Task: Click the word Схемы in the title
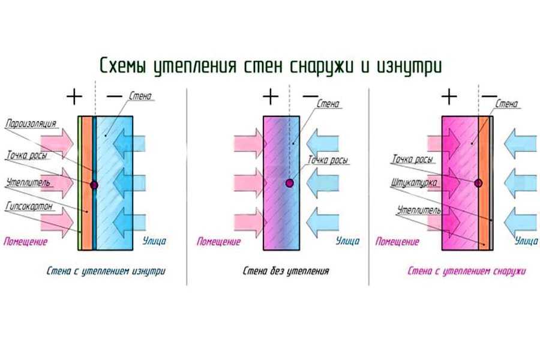123,65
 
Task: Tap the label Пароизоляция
31,124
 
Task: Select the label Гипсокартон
29,206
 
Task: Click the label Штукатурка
414,182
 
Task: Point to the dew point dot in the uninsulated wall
290,183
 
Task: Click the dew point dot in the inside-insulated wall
94,185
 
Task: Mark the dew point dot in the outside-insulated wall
478,183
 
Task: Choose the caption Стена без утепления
286,271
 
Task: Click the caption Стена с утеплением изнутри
106,271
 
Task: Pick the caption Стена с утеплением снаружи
467,271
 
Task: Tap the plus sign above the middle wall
271,97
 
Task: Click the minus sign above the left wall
115,96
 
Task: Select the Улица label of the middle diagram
348,241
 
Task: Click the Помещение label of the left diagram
25,241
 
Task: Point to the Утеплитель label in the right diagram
419,210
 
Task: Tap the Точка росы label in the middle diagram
328,160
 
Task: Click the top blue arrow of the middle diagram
322,143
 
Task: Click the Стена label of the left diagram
140,96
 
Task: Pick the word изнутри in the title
409,65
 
